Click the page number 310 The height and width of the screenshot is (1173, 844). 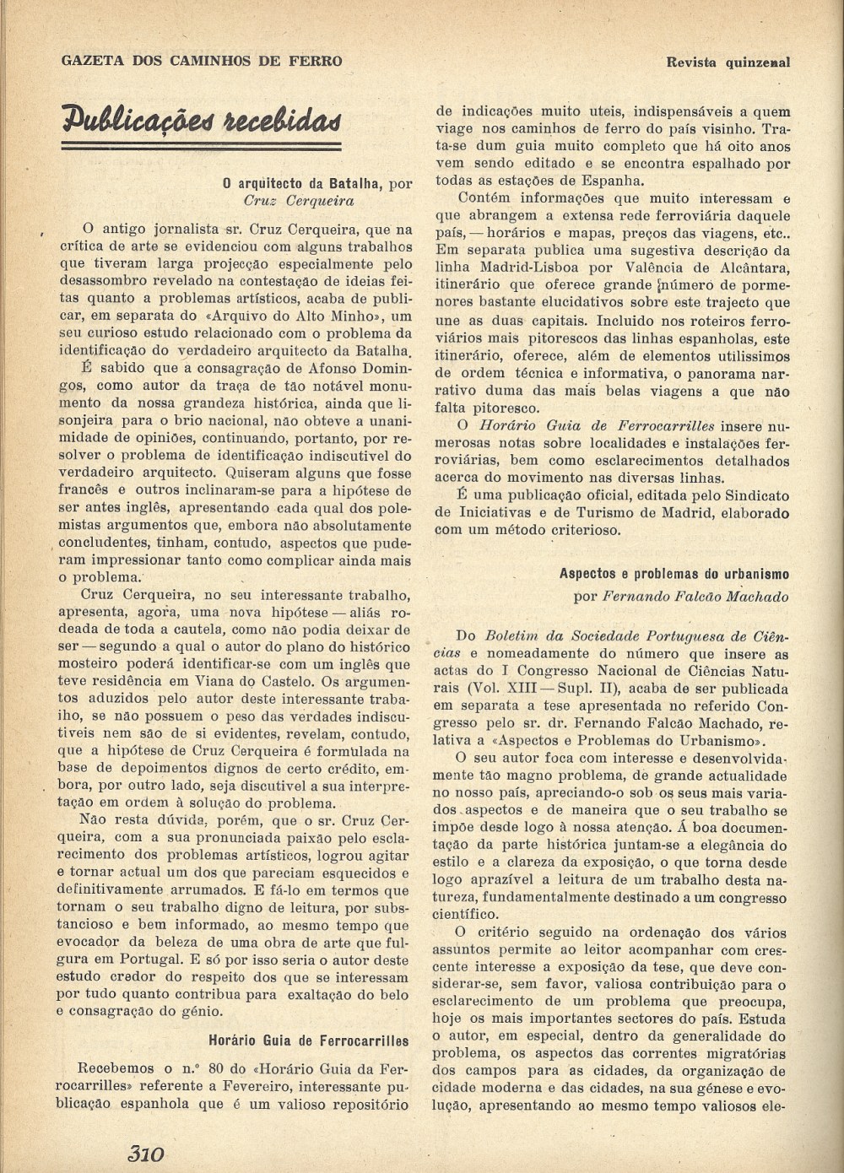145,1153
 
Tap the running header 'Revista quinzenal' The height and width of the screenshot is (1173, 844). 728,61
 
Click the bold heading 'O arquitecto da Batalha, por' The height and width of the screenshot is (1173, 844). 317,183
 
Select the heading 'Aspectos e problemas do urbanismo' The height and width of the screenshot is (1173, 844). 674,573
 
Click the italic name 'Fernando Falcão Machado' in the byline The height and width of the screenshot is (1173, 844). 696,597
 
